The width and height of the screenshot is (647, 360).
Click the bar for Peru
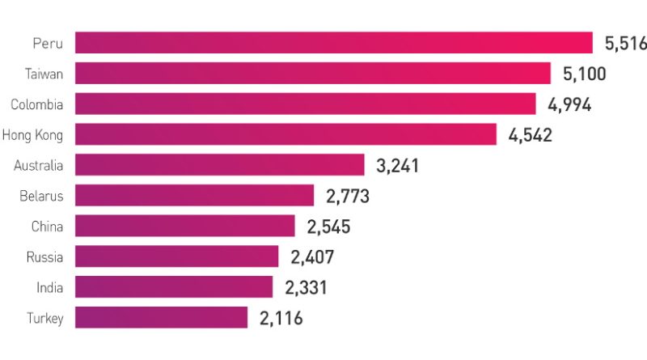(334, 43)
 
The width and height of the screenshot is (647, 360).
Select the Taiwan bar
(313, 74)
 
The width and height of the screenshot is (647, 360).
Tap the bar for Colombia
(306, 104)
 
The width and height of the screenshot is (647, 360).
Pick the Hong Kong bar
(285, 134)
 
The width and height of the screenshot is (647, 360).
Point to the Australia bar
(220, 165)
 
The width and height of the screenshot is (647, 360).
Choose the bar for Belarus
(194, 195)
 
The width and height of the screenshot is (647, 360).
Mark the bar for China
(185, 226)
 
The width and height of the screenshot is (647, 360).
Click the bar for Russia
(177, 256)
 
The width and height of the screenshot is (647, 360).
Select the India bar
(174, 286)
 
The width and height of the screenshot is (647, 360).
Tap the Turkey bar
(162, 317)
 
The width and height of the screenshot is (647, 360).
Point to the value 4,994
(569, 104)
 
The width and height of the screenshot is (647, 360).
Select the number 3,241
(398, 166)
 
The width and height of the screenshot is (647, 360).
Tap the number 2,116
(281, 319)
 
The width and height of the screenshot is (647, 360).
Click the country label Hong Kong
(32, 135)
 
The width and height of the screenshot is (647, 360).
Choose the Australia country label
(38, 165)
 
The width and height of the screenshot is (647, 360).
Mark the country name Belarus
(41, 196)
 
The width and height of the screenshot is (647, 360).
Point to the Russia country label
(45, 256)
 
